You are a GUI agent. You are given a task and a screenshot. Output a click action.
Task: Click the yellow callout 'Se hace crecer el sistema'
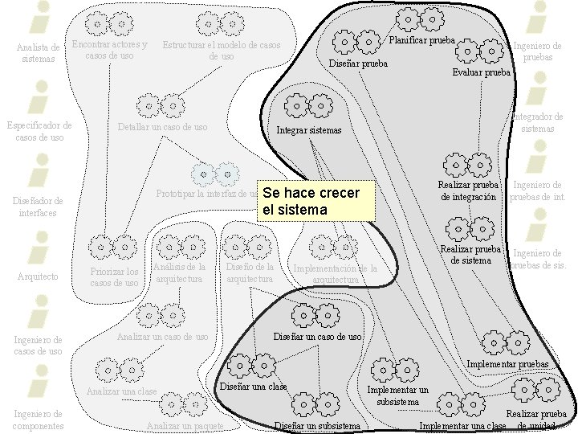(x=315, y=201)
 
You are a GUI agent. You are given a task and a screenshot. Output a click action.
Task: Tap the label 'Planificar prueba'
(x=421, y=39)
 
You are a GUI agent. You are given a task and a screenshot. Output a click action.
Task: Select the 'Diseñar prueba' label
(x=358, y=63)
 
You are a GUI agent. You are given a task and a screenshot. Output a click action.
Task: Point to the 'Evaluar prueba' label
(x=481, y=72)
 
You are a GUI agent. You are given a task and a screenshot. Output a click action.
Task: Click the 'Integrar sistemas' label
(x=309, y=130)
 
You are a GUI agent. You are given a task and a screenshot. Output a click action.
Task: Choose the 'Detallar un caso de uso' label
(x=162, y=127)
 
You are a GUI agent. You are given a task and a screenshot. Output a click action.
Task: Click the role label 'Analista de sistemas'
(x=39, y=53)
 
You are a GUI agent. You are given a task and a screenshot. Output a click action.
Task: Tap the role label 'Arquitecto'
(x=38, y=276)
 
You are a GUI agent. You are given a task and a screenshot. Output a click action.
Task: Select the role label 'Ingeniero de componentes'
(x=39, y=420)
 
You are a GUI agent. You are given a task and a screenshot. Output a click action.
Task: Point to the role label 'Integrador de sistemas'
(x=537, y=122)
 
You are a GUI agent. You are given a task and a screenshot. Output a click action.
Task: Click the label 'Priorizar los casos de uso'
(x=114, y=277)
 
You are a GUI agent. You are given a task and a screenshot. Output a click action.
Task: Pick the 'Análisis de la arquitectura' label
(x=178, y=272)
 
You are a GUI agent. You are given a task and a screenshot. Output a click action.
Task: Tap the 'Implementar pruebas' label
(x=507, y=364)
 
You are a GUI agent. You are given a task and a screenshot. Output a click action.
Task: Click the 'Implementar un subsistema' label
(x=397, y=395)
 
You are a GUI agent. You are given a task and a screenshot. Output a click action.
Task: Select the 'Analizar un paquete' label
(x=185, y=424)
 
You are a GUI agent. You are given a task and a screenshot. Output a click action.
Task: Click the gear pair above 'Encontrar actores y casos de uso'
(x=109, y=25)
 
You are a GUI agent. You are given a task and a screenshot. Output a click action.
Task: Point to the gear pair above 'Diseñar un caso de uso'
(x=312, y=313)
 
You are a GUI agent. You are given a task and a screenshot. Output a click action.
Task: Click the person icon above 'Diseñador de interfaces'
(x=38, y=172)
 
